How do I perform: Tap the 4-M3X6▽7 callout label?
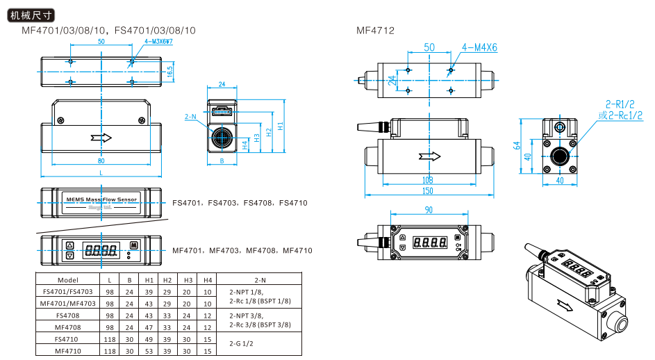(158, 42)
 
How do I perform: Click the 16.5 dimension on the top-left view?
(170, 72)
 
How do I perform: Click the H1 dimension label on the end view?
(279, 127)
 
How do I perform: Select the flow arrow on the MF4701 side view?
(101, 136)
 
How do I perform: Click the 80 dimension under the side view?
(101, 162)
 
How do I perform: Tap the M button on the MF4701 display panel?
(134, 245)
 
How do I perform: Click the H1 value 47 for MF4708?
(149, 327)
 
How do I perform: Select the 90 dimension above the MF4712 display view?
(428, 210)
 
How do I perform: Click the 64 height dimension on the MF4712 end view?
(517, 145)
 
